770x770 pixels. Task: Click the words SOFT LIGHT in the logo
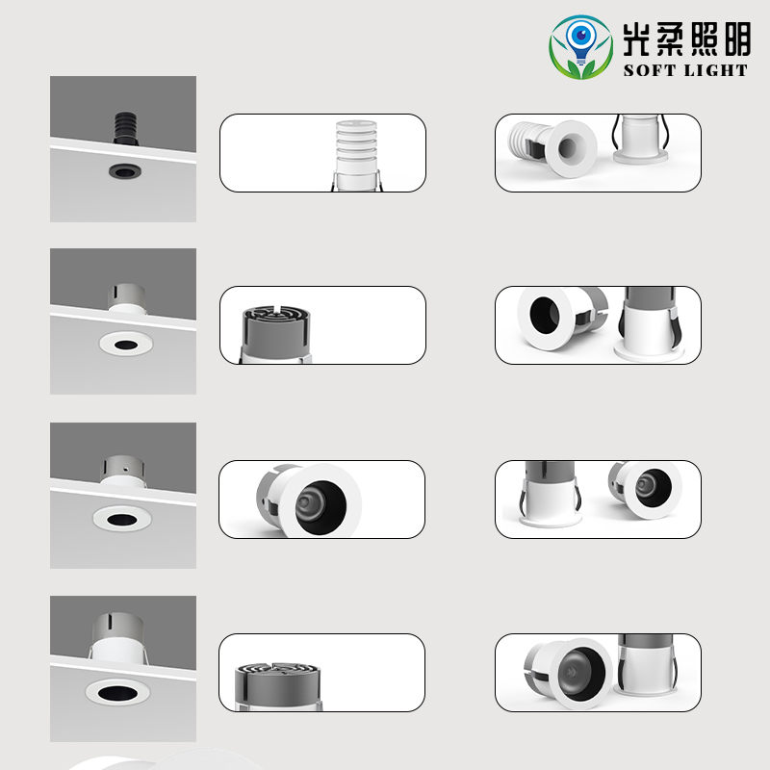click(685, 69)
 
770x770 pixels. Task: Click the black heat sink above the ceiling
click(126, 126)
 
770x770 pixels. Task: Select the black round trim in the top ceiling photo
click(122, 171)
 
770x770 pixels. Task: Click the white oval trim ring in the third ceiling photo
click(121, 518)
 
